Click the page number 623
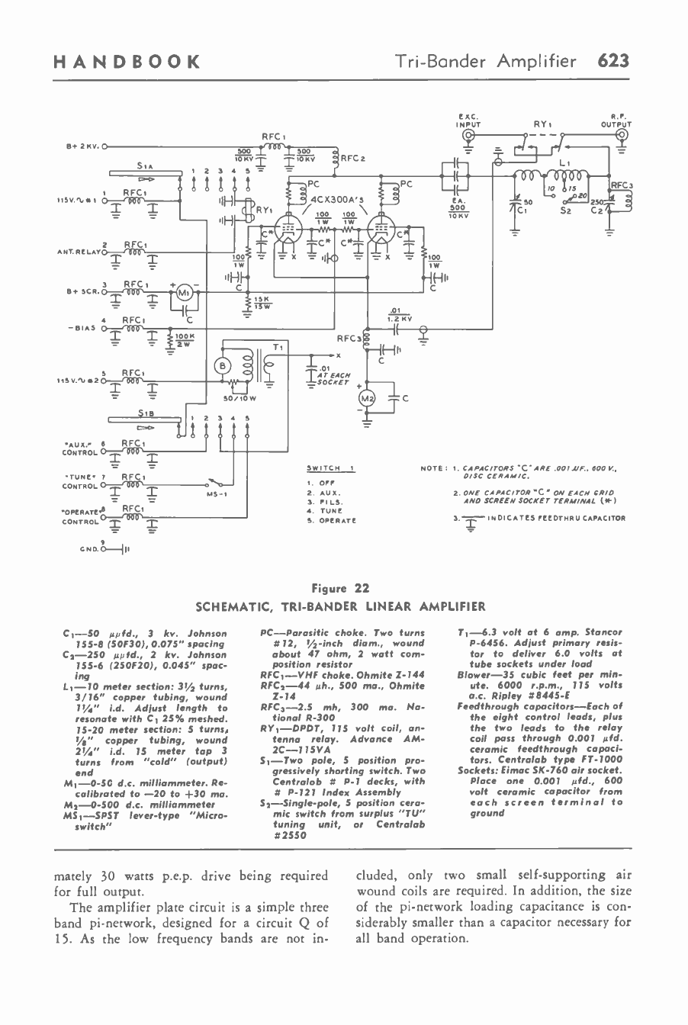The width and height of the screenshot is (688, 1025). pyautogui.click(x=612, y=61)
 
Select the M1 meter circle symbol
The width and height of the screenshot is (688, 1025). pyautogui.click(x=184, y=291)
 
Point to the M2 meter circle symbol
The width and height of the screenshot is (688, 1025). pyautogui.click(x=368, y=399)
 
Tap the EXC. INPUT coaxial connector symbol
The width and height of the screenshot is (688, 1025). pyautogui.click(x=468, y=137)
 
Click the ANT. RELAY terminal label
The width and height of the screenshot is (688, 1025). pyautogui.click(x=77, y=250)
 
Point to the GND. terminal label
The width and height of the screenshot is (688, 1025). pyautogui.click(x=88, y=548)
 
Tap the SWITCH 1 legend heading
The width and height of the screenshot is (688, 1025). pyautogui.click(x=330, y=468)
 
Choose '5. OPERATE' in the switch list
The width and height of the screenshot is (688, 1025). pyautogui.click(x=331, y=520)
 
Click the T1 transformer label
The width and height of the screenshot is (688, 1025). pyautogui.click(x=279, y=347)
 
